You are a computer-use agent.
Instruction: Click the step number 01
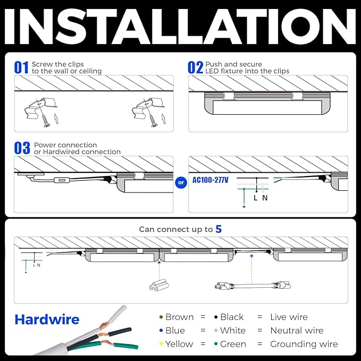pos(21,68)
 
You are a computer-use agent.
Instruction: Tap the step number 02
pos(195,68)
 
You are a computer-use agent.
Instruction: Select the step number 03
pos(22,148)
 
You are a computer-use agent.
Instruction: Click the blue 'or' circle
pos(181,182)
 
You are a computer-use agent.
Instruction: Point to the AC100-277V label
pos(211,180)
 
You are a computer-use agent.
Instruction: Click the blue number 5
pos(219,229)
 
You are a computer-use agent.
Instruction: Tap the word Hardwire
pos(47,320)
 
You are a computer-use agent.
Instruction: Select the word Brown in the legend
pos(179,317)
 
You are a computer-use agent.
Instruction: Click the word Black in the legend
pos(232,317)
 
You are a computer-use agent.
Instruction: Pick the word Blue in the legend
pos(175,330)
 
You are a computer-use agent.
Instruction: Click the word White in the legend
pos(233,330)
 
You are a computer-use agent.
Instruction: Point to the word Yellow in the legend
pos(179,344)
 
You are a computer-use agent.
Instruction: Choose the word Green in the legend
pos(233,344)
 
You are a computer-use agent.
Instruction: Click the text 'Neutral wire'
pos(297,330)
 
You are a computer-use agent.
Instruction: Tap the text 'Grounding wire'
pos(304,344)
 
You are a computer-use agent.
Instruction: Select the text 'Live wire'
pos(289,317)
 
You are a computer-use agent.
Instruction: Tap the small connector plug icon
pos(159,284)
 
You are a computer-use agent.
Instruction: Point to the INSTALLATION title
pos(180,26)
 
